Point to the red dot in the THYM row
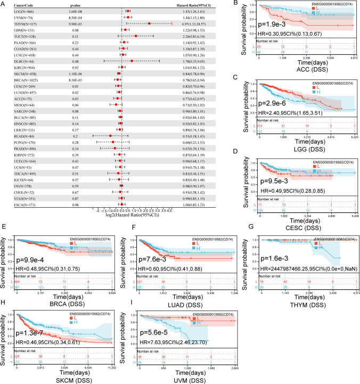tap(150, 24)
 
